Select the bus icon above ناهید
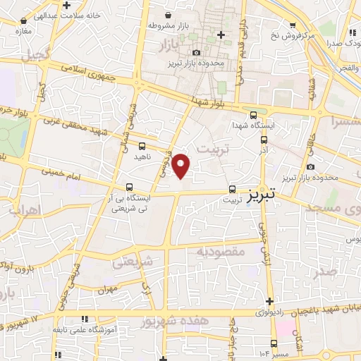pyautogui.click(x=142, y=146)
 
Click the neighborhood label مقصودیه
pyautogui.click(x=220, y=251)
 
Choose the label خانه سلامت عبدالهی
pyautogui.click(x=51, y=15)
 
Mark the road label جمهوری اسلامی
pyautogui.click(x=78, y=69)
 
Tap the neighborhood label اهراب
pyautogui.click(x=22, y=210)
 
